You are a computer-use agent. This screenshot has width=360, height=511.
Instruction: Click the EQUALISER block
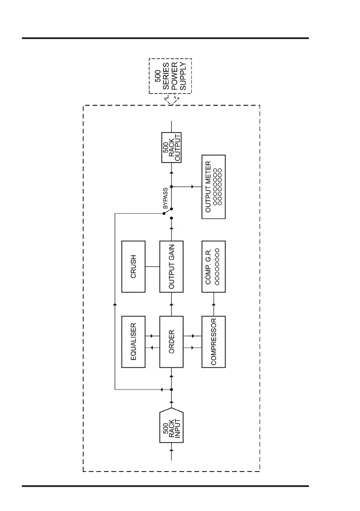[x=133, y=342]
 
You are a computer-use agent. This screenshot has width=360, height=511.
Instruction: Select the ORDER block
[x=171, y=342]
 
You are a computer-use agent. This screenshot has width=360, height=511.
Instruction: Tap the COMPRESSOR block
[x=213, y=342]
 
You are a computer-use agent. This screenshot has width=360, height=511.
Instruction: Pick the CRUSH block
[x=133, y=266]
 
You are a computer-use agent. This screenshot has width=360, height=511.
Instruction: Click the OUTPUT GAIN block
[x=171, y=266]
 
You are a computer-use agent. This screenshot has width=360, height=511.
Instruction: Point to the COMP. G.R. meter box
[x=213, y=266]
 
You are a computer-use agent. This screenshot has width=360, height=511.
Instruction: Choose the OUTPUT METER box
[x=213, y=187]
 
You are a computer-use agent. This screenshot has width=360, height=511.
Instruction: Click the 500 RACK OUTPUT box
[x=171, y=147]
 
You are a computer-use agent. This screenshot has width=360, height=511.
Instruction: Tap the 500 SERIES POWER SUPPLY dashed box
[x=170, y=76]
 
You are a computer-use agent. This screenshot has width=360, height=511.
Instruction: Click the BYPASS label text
[x=165, y=200]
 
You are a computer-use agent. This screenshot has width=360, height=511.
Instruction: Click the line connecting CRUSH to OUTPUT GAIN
[x=152, y=266]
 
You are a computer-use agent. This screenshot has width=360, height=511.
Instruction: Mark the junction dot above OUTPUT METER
[x=171, y=187]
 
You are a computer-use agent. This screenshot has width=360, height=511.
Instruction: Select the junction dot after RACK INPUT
[x=171, y=390]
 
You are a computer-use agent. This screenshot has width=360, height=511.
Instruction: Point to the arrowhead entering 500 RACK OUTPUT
[x=171, y=171]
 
